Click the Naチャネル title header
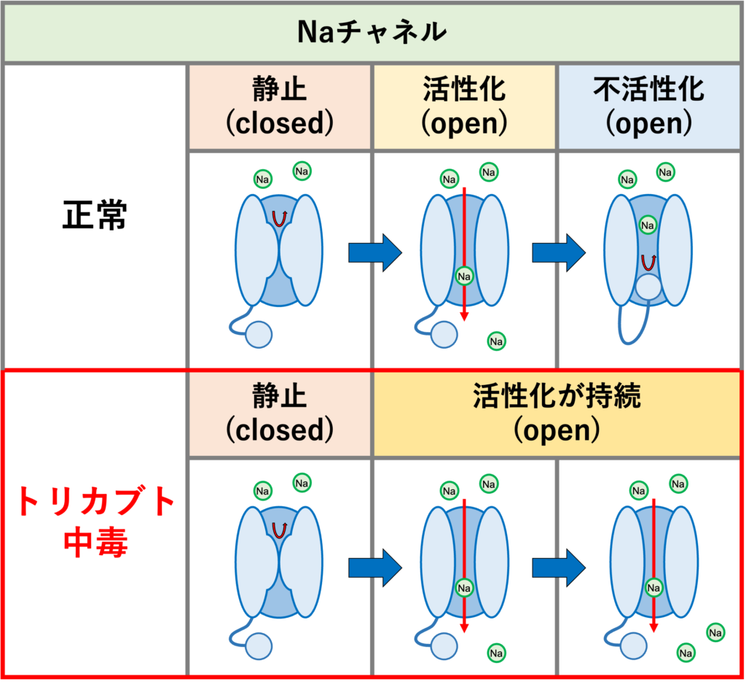pyautogui.click(x=372, y=32)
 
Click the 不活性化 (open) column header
pyautogui.click(x=648, y=106)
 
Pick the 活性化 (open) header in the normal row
pyautogui.click(x=464, y=106)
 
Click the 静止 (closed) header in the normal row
pyautogui.click(x=280, y=106)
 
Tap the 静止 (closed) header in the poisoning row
pyautogui.click(x=280, y=414)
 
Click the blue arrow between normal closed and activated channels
pyautogui.click(x=374, y=252)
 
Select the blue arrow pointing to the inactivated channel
pyautogui.click(x=558, y=252)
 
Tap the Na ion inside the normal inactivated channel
pyautogui.click(x=647, y=225)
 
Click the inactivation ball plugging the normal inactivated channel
pyautogui.click(x=648, y=289)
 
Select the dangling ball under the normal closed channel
pyautogui.click(x=258, y=335)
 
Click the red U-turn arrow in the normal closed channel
pyautogui.click(x=278, y=217)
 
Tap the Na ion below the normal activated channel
pyautogui.click(x=497, y=341)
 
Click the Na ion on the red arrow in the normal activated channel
pyautogui.click(x=464, y=276)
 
